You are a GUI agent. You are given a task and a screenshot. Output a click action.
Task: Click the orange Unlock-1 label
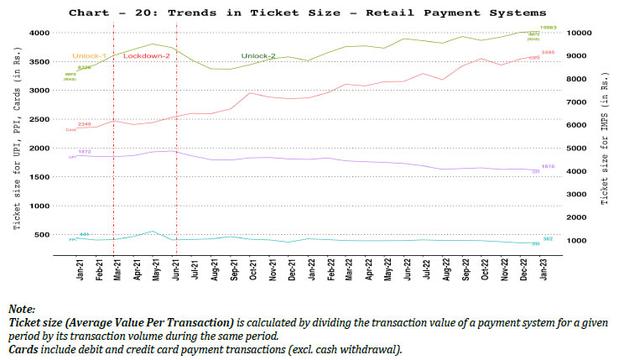coord(90,55)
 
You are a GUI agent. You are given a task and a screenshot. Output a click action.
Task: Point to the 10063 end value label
coord(549,28)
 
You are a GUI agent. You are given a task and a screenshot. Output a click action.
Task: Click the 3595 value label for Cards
coord(549,52)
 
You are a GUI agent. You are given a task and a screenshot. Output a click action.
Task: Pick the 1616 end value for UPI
coord(549,166)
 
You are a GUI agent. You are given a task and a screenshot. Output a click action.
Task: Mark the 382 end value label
coord(547,239)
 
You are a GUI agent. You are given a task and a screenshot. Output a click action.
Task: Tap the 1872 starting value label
coord(84,152)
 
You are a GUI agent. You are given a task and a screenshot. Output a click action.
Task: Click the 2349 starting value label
coord(84,124)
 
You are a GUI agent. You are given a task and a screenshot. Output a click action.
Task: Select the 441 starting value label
coord(84,234)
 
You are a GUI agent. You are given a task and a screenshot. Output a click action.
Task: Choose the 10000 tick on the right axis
coord(578,33)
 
